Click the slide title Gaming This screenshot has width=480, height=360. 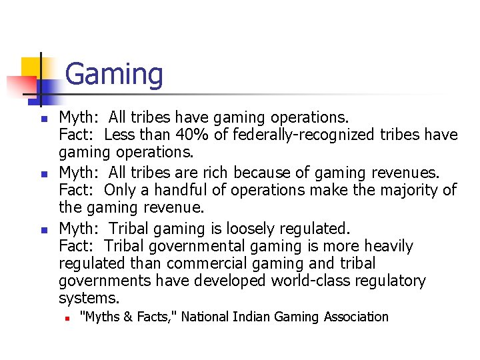point(114,74)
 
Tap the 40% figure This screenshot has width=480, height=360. point(190,135)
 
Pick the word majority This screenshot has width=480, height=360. point(407,191)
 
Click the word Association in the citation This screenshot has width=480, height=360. point(356,317)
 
